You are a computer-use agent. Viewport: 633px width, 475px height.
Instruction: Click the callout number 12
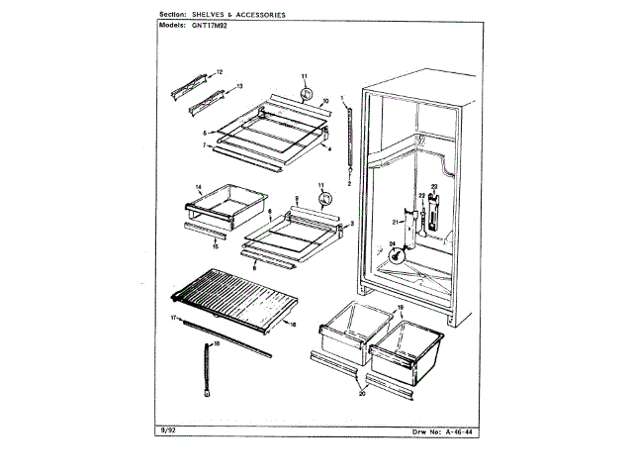(220, 72)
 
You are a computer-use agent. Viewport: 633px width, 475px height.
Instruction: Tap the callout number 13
(238, 87)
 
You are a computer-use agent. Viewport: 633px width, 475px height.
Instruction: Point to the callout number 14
(198, 187)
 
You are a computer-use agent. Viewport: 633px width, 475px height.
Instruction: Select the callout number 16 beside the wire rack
(294, 324)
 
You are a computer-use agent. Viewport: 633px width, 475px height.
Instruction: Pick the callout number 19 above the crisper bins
(401, 310)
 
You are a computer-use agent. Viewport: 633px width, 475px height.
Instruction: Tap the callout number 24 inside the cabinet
(392, 245)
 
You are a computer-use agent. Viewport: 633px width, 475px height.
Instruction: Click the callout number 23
(433, 187)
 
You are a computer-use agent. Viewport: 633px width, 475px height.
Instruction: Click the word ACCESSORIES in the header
(259, 15)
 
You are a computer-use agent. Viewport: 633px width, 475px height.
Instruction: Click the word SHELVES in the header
(211, 15)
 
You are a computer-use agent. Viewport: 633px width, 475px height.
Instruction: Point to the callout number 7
(204, 145)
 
